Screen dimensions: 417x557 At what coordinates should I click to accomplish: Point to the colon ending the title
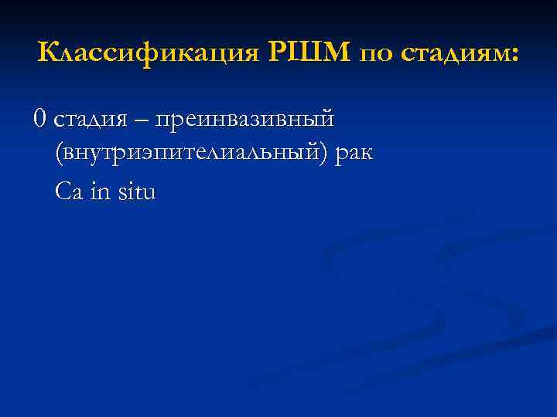(516, 56)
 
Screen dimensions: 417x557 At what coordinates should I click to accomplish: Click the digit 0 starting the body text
(39, 119)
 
